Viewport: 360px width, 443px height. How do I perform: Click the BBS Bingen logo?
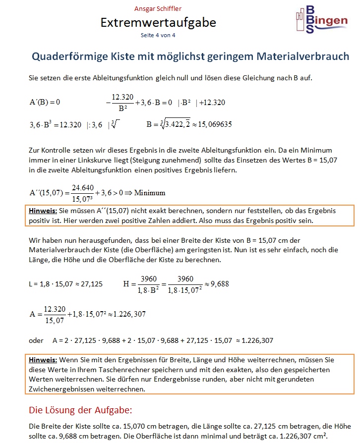click(x=317, y=20)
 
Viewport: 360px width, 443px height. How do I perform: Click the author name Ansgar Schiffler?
click(x=158, y=9)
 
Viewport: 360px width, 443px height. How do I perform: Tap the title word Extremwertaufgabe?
click(x=158, y=22)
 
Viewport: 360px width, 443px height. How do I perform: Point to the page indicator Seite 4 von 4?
click(x=158, y=35)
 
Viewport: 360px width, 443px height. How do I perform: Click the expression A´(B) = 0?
click(x=45, y=103)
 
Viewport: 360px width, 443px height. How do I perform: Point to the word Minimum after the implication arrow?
click(x=150, y=192)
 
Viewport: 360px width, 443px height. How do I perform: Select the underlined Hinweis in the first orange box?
click(x=43, y=211)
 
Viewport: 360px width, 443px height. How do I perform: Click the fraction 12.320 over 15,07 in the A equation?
click(x=55, y=314)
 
